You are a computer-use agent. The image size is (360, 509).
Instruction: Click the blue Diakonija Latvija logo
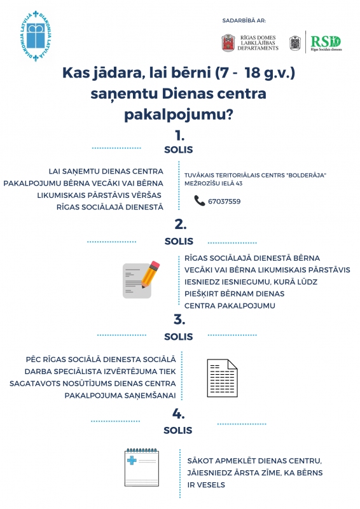tap(36, 36)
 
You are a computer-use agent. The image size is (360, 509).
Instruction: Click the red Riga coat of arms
tap(228, 43)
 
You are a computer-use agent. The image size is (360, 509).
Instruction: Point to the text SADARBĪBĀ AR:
tap(244, 21)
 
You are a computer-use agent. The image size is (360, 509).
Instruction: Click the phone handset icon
tap(199, 200)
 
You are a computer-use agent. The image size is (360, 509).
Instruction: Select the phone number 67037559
tap(225, 202)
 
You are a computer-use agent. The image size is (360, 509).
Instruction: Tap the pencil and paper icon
tap(141, 279)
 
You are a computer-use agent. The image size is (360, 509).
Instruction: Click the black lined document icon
tap(223, 378)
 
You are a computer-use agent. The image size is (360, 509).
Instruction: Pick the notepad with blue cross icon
tap(142, 468)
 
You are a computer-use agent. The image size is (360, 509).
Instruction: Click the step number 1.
tap(179, 136)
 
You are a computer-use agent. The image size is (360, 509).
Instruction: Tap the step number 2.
tap(181, 225)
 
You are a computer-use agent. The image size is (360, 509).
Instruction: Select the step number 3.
tap(179, 319)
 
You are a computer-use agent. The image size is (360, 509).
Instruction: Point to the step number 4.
tap(179, 414)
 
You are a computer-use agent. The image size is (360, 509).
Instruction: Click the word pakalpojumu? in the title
tap(179, 115)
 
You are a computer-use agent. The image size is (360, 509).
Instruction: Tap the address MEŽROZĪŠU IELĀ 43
tap(213, 183)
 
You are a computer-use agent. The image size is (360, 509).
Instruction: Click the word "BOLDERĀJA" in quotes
tap(307, 176)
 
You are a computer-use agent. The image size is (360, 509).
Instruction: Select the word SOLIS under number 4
tap(178, 431)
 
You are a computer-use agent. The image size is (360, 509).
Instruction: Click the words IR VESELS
tap(206, 485)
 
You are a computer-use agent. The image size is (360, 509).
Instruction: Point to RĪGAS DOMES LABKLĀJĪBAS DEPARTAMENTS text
tap(258, 43)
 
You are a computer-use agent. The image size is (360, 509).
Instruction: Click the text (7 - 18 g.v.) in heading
tap(255, 73)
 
